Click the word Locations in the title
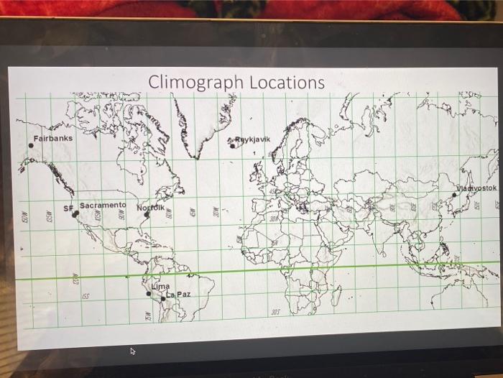coord(287,82)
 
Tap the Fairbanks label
coord(52,137)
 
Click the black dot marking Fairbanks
coord(31,145)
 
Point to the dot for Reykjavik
coord(232,145)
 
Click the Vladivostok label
coord(476,188)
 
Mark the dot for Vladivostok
coord(454,194)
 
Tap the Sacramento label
coord(103,205)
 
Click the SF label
coord(68,208)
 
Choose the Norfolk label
coord(150,207)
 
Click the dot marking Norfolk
coord(146,214)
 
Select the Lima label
coord(160,286)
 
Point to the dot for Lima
coord(149,292)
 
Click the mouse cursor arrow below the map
coord(132,351)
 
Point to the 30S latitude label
coord(274,312)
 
